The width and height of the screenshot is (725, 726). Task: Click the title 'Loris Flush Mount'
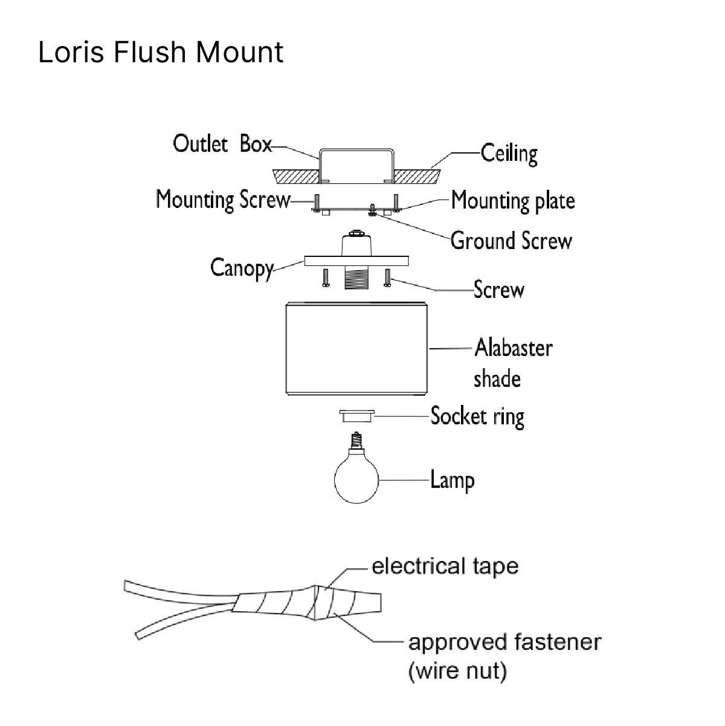[x=161, y=52]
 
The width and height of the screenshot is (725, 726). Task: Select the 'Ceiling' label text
[x=509, y=154]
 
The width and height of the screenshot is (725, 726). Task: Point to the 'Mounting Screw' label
[x=224, y=199]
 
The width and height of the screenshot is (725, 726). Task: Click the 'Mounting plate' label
[x=513, y=201]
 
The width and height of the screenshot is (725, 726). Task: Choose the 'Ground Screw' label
[x=512, y=241]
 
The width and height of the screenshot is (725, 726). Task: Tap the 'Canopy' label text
[x=242, y=268]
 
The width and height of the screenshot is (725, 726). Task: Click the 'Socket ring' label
[x=477, y=416]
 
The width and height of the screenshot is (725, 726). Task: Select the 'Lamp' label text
[x=453, y=481]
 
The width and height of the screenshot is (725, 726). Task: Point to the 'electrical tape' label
[x=445, y=566]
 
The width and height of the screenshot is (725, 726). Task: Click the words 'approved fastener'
[x=504, y=642]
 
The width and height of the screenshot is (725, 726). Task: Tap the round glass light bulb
[x=356, y=479]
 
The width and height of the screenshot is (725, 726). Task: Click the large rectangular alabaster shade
[x=356, y=349]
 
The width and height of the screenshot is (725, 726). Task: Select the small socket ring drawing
[x=356, y=416]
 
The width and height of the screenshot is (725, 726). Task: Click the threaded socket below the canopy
[x=356, y=277]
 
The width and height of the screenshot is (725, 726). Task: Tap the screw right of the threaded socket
[x=387, y=277]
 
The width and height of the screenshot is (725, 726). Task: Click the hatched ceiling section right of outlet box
[x=417, y=177]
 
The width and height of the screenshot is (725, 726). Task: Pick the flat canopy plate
[x=356, y=261]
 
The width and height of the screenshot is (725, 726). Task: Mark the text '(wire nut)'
[x=457, y=671]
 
